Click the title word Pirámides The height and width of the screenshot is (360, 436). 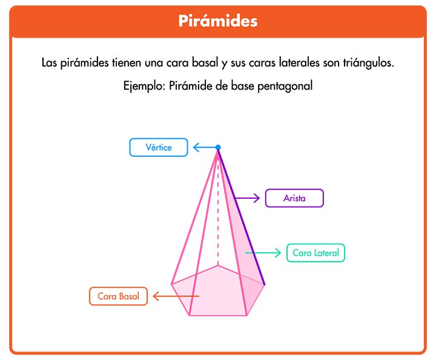pyautogui.click(x=218, y=21)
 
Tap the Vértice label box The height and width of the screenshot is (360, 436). pyautogui.click(x=159, y=147)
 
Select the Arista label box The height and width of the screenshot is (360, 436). pyautogui.click(x=294, y=198)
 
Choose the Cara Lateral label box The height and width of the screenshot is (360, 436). pyautogui.click(x=315, y=253)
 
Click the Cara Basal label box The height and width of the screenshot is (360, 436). pyautogui.click(x=118, y=296)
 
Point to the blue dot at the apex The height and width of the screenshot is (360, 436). pyautogui.click(x=218, y=147)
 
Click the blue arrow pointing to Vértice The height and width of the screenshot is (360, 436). pyautogui.click(x=205, y=147)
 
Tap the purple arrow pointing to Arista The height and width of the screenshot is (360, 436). pyautogui.click(x=247, y=198)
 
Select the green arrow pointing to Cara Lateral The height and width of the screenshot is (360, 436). pyautogui.click(x=263, y=253)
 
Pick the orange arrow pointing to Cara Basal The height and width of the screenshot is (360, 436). pyautogui.click(x=176, y=296)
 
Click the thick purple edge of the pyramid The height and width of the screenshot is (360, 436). pyautogui.click(x=241, y=216)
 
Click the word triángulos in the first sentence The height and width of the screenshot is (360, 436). pyautogui.click(x=368, y=63)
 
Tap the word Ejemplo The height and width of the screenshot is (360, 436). pyautogui.click(x=144, y=86)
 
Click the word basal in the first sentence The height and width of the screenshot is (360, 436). pyautogui.click(x=205, y=62)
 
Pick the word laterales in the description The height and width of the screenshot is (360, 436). pyautogui.click(x=299, y=62)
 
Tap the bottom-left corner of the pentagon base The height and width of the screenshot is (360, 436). pyautogui.click(x=190, y=316)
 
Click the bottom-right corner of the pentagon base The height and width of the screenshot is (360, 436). pyautogui.click(x=246, y=316)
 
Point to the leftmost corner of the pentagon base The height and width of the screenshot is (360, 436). pyautogui.click(x=171, y=284)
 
